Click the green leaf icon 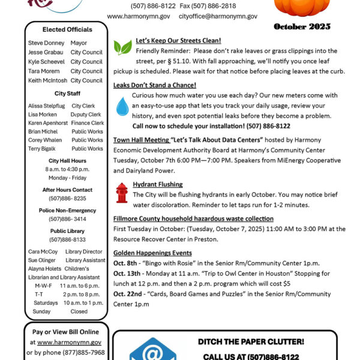click(x=122, y=47)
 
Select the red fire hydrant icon click(x=122, y=193)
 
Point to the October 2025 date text click(x=302, y=27)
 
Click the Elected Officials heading click(x=67, y=29)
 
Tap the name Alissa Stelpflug click(x=46, y=106)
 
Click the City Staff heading click(x=67, y=94)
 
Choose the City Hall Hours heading click(x=67, y=161)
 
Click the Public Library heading click(x=67, y=231)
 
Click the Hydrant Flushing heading click(x=158, y=184)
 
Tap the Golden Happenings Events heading click(x=152, y=253)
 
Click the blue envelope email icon click(x=153, y=349)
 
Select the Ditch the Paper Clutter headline click(x=251, y=342)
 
